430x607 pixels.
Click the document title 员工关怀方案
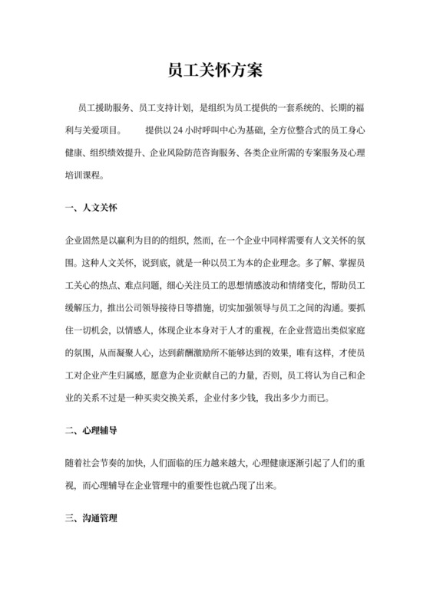click(x=215, y=71)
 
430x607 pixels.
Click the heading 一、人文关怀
click(x=91, y=207)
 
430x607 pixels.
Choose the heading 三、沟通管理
click(x=91, y=520)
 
